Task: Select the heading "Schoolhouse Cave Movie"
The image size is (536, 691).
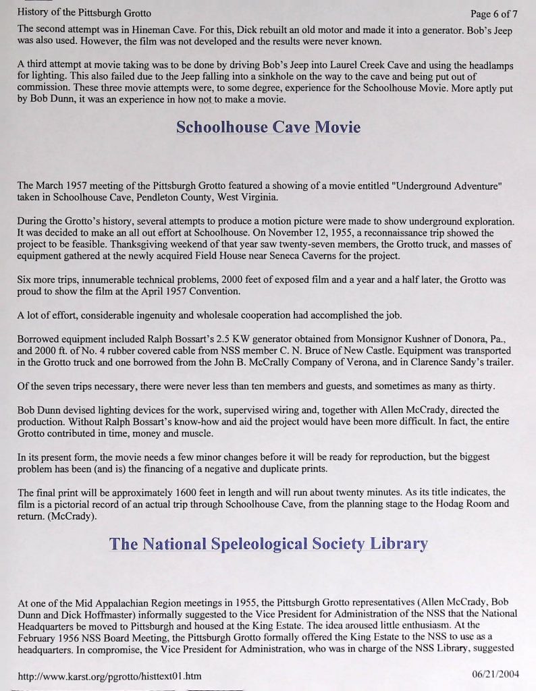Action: click(x=268, y=128)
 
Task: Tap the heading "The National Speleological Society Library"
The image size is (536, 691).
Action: click(x=268, y=544)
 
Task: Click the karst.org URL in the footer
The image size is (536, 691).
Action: click(x=109, y=675)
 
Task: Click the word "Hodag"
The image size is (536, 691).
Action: click(x=435, y=503)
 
